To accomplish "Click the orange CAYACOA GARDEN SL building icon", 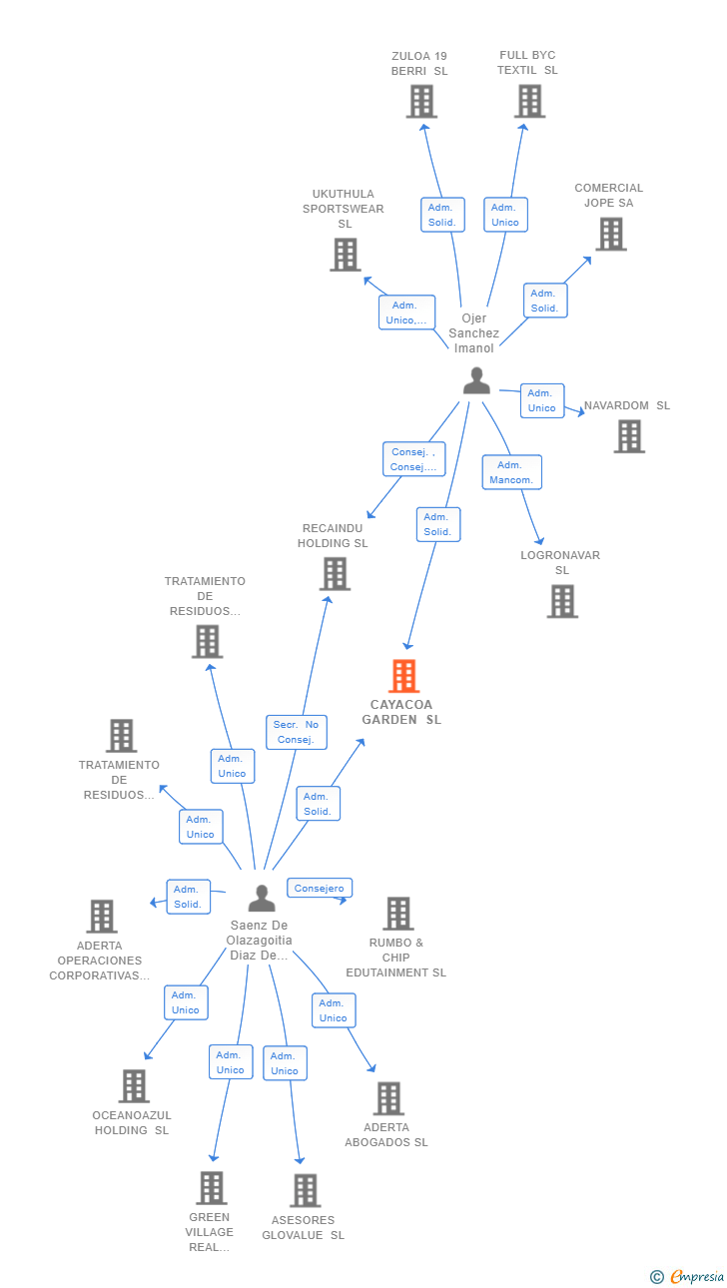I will pos(403,676).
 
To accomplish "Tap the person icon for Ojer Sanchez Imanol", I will pos(476,380).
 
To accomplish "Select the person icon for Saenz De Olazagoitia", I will pos(262,899).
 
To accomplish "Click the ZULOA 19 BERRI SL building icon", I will pos(421,101).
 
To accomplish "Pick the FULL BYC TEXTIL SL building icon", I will pos(529,101).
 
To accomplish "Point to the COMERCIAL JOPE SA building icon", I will pos(610,234).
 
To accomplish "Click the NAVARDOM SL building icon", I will pos(628,436).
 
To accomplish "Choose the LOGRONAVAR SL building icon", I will pos(562,601).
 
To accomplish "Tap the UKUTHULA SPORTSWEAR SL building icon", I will pos(345,255).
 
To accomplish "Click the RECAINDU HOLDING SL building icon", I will pos(335,573).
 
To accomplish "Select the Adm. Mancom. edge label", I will pos(511,472).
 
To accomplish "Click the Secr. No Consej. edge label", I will pos(296,732).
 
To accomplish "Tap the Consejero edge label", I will pos(320,888).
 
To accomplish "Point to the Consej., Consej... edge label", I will pos(413,459).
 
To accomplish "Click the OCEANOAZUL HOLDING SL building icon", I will pos(133,1086).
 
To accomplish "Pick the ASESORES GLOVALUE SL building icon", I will pos(305,1190).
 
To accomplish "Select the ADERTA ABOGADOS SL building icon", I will pos(387,1098).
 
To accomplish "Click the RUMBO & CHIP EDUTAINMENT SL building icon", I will pos(397,913).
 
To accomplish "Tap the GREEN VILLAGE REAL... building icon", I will pos(211,1188).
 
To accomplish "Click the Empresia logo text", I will pos(696,1276).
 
